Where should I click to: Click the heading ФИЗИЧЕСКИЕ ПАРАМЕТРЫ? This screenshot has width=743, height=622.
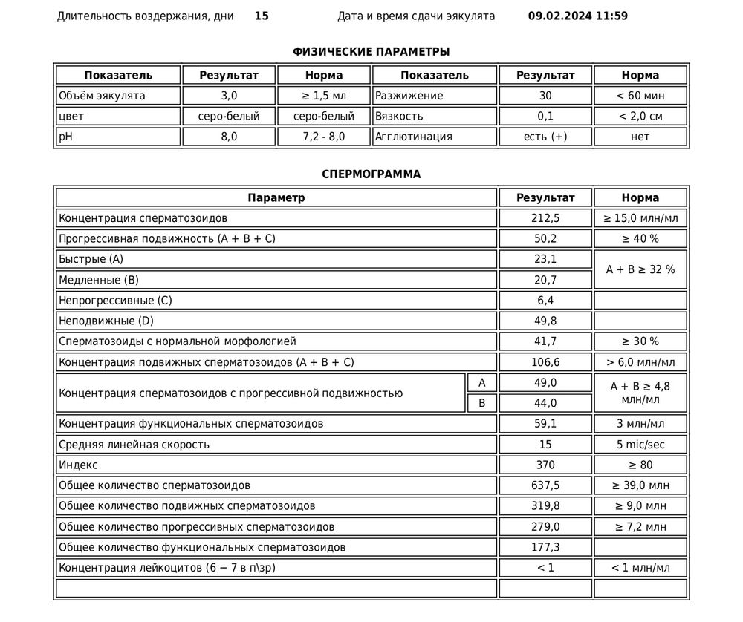pyautogui.click(x=371, y=51)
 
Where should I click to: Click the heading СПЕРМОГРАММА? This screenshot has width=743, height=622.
pyautogui.click(x=371, y=174)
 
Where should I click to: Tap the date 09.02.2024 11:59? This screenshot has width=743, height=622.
pyautogui.click(x=577, y=16)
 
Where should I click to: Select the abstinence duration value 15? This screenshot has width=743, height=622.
pyautogui.click(x=262, y=16)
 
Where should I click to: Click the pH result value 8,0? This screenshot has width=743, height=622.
pyautogui.click(x=229, y=137)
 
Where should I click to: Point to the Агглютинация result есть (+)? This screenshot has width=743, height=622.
pyautogui.click(x=546, y=137)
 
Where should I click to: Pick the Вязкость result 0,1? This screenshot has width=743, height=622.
pyautogui.click(x=546, y=116)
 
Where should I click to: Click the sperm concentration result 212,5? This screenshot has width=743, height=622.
pyautogui.click(x=546, y=218)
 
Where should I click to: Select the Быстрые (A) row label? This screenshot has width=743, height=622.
pyautogui.click(x=90, y=259)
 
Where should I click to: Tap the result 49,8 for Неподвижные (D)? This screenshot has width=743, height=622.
pyautogui.click(x=546, y=321)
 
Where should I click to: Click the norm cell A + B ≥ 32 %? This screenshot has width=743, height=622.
pyautogui.click(x=640, y=269)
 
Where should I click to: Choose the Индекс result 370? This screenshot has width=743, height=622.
pyautogui.click(x=546, y=465)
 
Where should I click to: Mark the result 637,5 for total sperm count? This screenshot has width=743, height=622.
pyautogui.click(x=546, y=485)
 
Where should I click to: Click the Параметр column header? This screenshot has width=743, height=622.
pyautogui.click(x=276, y=198)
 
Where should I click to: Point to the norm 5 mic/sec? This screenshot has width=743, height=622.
pyautogui.click(x=640, y=445)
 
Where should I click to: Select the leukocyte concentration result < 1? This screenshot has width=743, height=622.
pyautogui.click(x=546, y=568)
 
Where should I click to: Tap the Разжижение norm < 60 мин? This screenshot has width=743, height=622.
pyautogui.click(x=640, y=96)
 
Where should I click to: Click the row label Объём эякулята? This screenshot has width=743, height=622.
pyautogui.click(x=102, y=96)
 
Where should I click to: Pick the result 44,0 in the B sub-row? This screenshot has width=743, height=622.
pyautogui.click(x=546, y=403)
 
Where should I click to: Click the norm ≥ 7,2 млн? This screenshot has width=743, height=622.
pyautogui.click(x=640, y=526)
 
